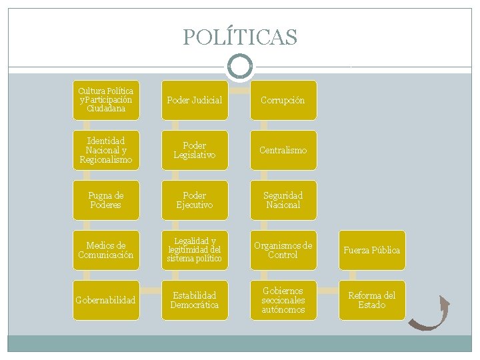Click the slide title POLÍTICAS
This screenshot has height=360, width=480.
[x=240, y=37]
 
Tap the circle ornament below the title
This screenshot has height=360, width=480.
[x=240, y=66]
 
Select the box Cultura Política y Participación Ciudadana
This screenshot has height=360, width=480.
[x=106, y=100]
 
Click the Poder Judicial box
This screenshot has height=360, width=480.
[x=195, y=100]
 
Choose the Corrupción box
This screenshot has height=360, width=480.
[x=283, y=100]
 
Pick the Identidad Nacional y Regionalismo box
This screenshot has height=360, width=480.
[x=106, y=150]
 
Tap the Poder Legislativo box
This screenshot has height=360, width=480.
[x=195, y=150]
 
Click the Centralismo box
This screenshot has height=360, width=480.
[x=283, y=150]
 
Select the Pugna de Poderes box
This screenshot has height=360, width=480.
[x=106, y=200]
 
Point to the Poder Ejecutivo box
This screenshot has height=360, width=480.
[x=195, y=200]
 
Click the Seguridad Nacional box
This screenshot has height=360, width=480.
[x=283, y=200]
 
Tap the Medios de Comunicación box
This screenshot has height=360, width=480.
[x=106, y=250]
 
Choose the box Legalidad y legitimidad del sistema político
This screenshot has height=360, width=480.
[x=195, y=250]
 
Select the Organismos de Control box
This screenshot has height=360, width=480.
[x=283, y=250]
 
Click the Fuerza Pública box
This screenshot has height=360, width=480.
[x=372, y=250]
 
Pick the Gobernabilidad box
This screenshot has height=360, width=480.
[x=106, y=300]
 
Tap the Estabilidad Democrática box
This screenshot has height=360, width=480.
[x=195, y=300]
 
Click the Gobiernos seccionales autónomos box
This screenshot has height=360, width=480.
[x=283, y=300]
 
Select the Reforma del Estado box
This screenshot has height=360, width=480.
[x=372, y=300]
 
